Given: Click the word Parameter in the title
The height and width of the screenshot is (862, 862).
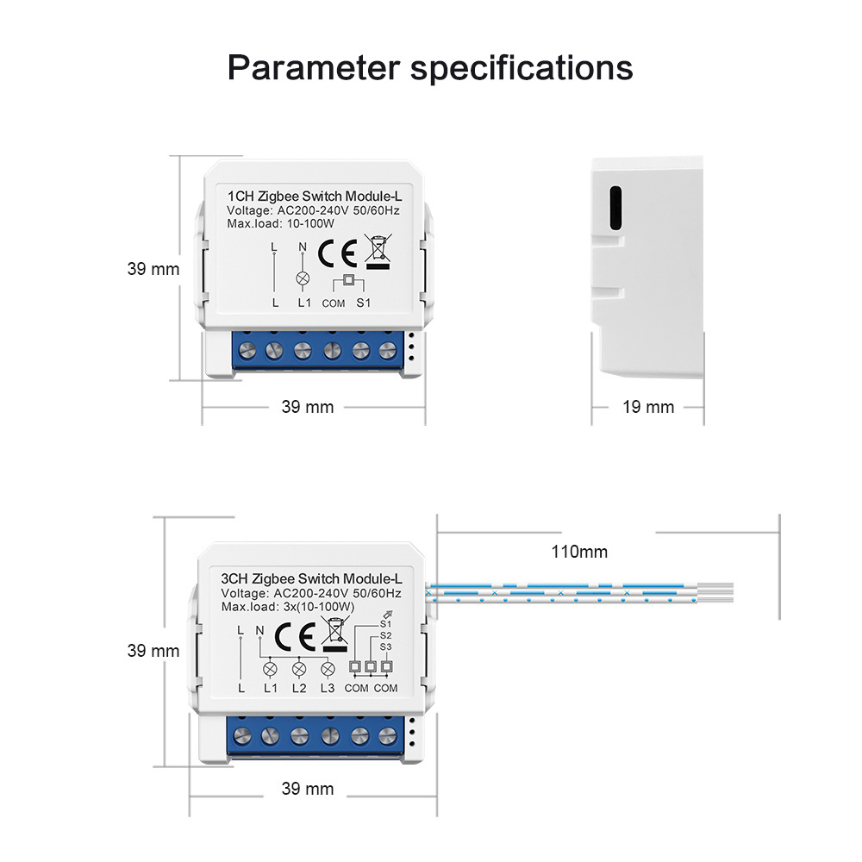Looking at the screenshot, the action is click(x=314, y=68).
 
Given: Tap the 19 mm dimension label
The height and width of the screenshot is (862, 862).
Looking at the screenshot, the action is click(x=648, y=407).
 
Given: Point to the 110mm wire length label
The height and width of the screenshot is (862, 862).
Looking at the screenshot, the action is click(x=579, y=552).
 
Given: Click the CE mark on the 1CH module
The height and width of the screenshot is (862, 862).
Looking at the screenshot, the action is click(x=337, y=253).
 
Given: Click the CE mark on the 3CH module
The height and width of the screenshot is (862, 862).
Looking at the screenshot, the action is click(x=295, y=637).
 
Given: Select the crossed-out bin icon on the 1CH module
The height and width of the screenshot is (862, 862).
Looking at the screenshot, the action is click(x=378, y=251).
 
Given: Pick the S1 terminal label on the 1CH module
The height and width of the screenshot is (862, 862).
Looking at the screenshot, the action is click(x=364, y=303).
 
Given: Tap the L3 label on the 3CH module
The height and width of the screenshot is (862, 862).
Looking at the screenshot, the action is click(x=327, y=688).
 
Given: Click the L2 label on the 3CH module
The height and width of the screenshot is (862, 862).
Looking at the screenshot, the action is click(x=299, y=688).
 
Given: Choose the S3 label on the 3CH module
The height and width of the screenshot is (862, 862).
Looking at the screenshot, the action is click(x=385, y=646).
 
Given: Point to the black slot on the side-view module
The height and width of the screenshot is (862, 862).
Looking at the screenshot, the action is click(x=615, y=208).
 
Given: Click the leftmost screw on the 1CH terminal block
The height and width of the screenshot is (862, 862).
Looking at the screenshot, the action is click(x=247, y=350).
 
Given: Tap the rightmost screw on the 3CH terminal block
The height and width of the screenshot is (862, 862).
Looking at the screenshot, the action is click(x=388, y=735).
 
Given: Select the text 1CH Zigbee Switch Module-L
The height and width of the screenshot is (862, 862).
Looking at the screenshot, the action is click(x=315, y=197).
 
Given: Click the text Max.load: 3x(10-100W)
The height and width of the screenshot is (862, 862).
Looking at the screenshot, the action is click(x=288, y=606).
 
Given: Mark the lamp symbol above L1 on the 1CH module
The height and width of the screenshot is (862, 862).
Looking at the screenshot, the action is click(x=303, y=278).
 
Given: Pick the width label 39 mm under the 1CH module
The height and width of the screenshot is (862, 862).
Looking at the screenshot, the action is click(x=308, y=407).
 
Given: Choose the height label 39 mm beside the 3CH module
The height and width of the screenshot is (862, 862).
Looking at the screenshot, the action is click(x=153, y=651).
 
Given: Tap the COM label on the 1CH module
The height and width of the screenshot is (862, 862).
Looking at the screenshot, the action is click(x=333, y=303).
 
